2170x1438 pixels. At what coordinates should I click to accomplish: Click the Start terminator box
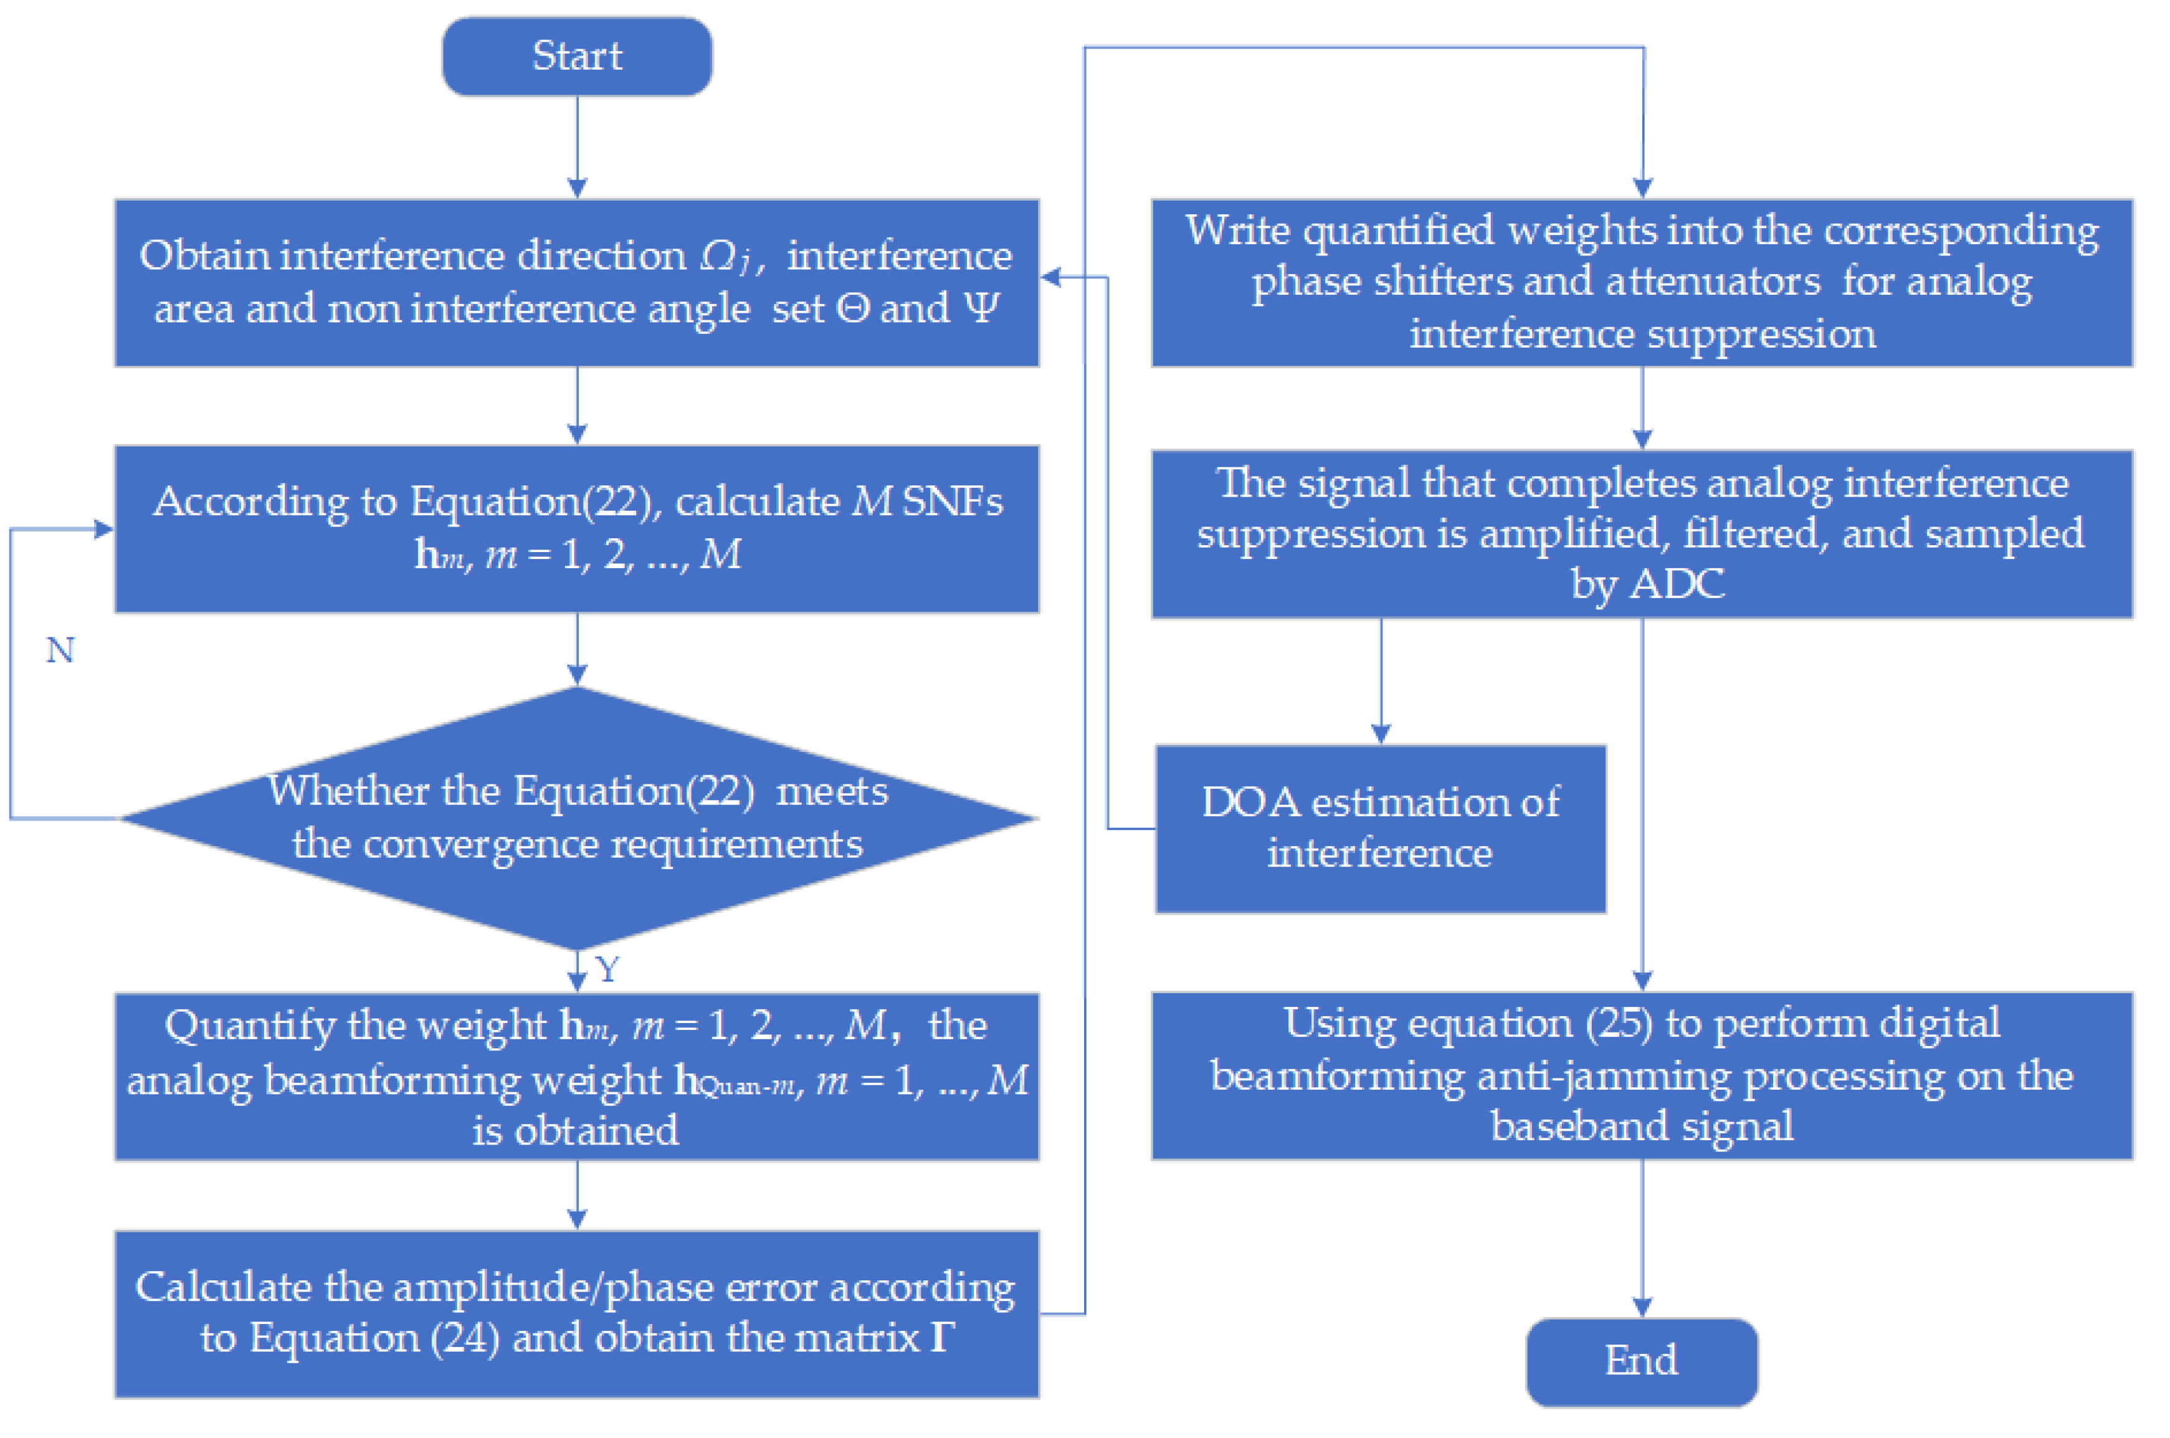pos(577,56)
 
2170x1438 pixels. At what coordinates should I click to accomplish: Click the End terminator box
pos(1641,1361)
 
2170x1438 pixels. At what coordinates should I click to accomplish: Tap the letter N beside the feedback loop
pos(60,651)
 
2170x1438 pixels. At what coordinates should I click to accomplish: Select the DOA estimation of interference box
pos(1380,828)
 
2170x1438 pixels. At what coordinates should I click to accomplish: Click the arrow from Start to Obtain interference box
pos(577,147)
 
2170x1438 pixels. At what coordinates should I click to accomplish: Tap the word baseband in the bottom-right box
pos(1559,1126)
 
